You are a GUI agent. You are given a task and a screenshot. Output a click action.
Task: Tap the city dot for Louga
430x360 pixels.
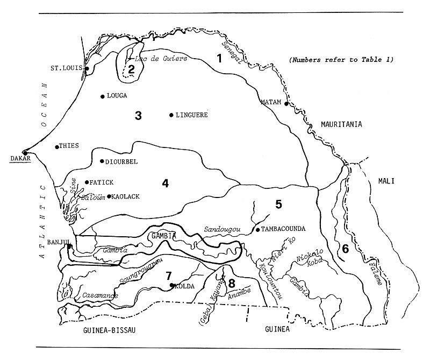point(102,96)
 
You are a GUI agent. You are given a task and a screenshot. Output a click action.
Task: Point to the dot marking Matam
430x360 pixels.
point(286,103)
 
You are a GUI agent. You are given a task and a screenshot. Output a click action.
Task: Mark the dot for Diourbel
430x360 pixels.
point(102,161)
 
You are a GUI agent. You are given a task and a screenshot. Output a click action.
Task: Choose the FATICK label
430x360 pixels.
point(101,182)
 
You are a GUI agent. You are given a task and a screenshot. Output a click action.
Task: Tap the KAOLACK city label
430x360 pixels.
point(127,197)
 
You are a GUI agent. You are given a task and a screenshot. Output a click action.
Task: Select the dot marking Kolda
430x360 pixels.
point(171,285)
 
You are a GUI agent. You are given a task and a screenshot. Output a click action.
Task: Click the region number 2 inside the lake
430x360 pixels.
point(131,69)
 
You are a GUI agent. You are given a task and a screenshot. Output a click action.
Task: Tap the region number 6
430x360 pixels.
point(345,249)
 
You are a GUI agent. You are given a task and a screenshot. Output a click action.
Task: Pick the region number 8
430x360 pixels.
point(232,283)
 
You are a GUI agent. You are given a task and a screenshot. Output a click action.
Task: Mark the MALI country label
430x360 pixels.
point(386,181)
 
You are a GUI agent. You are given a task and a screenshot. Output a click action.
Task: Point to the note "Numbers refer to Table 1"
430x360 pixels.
point(341,59)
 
